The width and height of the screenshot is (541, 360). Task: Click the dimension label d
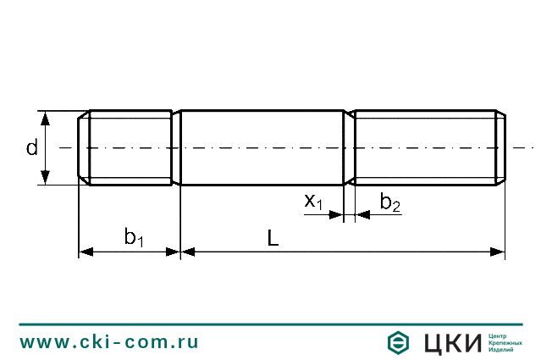[31, 148]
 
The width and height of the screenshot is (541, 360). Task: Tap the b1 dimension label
[134, 238]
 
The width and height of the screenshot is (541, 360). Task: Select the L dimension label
[273, 239]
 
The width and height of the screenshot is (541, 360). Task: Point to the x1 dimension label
[313, 201]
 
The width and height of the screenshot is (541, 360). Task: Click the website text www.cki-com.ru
[109, 342]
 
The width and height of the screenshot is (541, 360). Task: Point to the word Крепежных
[506, 343]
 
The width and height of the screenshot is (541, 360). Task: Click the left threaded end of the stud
[129, 147]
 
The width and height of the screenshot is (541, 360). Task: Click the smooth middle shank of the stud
[262, 147]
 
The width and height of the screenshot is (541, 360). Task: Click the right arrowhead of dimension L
[500, 252]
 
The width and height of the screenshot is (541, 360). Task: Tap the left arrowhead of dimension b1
[84, 252]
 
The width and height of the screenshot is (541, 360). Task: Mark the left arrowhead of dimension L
[187, 252]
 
